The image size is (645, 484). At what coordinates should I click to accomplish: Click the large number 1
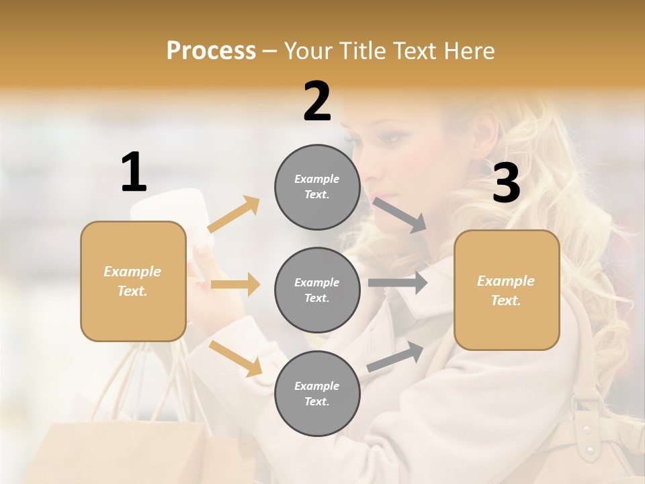(134, 173)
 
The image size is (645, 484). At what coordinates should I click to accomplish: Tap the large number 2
(317, 102)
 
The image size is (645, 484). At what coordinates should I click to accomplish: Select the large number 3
(506, 184)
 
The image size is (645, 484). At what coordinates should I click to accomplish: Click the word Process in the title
(211, 50)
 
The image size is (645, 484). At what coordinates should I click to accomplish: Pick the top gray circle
(317, 187)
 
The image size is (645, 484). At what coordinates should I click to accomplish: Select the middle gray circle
(317, 290)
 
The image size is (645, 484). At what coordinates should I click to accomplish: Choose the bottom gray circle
(317, 393)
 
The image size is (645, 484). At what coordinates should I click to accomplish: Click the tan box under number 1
(133, 281)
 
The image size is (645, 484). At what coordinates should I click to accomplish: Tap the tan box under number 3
(507, 290)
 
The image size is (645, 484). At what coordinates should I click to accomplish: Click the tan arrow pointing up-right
(234, 214)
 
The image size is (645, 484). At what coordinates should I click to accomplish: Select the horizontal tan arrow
(235, 284)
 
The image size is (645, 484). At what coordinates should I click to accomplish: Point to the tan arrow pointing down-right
(235, 358)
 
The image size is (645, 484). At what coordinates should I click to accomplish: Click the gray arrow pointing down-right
(400, 215)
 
